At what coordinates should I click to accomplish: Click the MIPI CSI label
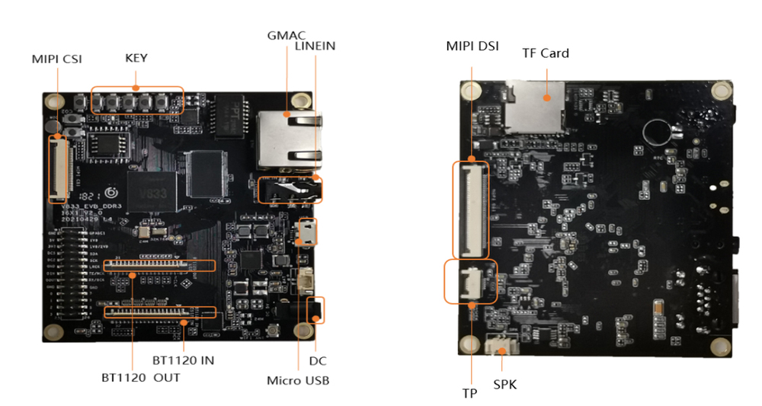56,59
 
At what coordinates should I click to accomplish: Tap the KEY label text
136,58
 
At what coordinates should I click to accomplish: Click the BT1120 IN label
183,360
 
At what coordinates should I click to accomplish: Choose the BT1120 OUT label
141,377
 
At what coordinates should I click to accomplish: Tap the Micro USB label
298,380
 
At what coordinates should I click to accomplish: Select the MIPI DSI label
472,46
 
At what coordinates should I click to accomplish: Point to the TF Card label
546,53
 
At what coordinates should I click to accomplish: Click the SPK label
504,385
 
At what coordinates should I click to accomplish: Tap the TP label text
470,395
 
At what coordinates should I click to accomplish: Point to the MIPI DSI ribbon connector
470,209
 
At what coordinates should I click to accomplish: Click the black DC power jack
315,310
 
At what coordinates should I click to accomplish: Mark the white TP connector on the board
469,282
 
